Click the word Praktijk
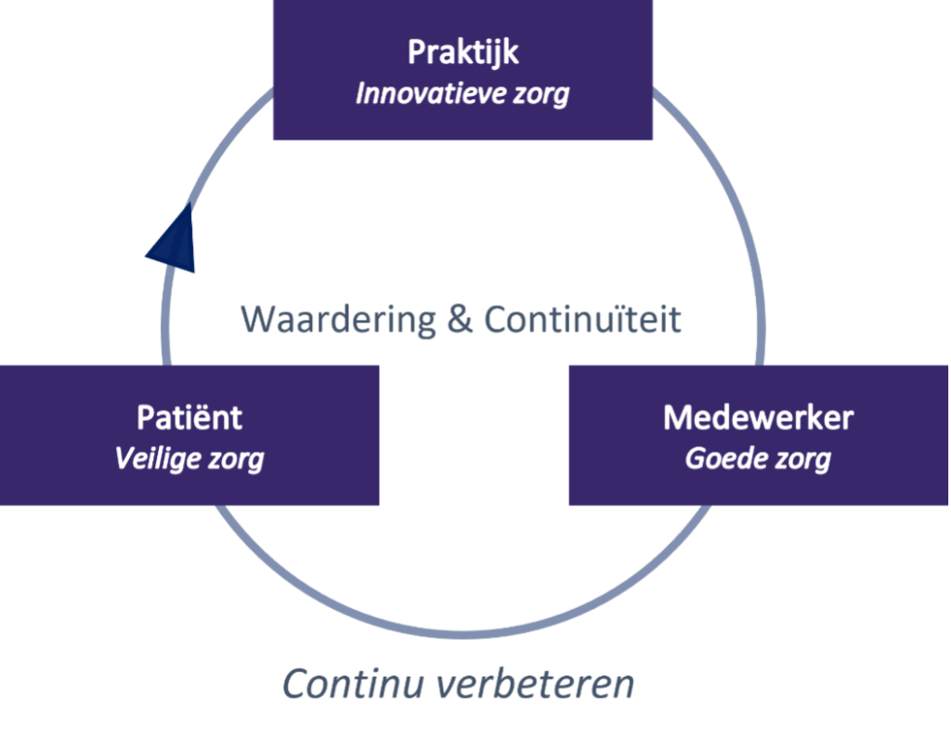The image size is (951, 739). [462, 53]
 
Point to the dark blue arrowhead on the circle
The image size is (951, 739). [172, 239]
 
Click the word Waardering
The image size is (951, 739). [338, 320]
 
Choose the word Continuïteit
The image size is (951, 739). [583, 320]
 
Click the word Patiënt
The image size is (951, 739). [189, 417]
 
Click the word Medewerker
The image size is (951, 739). [758, 417]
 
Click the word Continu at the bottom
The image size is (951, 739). [352, 684]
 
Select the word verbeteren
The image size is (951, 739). [534, 684]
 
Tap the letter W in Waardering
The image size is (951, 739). [260, 320]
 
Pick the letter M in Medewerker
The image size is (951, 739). [678, 417]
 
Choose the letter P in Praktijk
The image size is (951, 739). [417, 53]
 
